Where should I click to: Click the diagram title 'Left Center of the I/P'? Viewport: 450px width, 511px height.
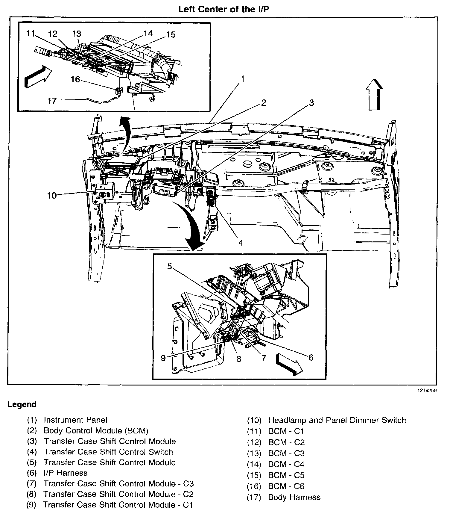[x=224, y=9]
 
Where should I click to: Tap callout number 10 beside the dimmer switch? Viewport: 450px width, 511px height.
[x=52, y=196]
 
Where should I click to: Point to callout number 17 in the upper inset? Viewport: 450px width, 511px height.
[x=52, y=101]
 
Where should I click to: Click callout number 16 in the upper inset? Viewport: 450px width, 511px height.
[x=75, y=79]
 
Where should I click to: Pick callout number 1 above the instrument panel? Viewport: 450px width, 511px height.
[x=243, y=79]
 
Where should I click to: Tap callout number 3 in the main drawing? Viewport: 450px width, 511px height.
[x=311, y=103]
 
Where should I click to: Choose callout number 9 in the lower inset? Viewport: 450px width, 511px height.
[x=163, y=358]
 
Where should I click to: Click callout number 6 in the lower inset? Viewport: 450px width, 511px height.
[x=311, y=357]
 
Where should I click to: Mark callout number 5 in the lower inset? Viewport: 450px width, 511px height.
[x=170, y=266]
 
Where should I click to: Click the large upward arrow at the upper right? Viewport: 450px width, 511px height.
[x=374, y=94]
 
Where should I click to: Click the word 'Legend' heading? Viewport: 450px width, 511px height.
[x=22, y=404]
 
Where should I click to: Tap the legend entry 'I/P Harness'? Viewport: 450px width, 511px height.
[x=65, y=473]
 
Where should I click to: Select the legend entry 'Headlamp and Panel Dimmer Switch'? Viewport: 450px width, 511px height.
[x=337, y=420]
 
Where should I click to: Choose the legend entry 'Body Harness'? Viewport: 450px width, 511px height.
[x=294, y=497]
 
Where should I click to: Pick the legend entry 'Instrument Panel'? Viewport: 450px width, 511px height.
[x=75, y=420]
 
